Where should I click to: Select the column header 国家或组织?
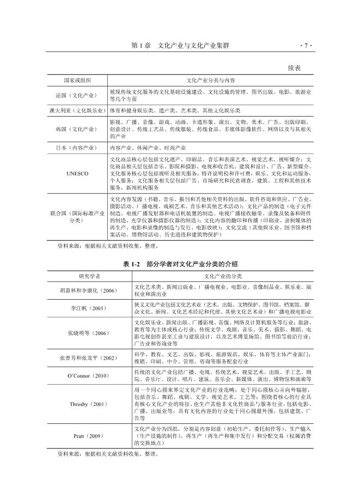pos(77,80)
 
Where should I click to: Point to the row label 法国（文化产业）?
pos(77,95)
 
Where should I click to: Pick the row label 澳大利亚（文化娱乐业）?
pos(77,110)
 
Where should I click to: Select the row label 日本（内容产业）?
pos(77,148)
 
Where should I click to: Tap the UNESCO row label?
pos(77,173)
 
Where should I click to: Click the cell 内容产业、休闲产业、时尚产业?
pos(148,148)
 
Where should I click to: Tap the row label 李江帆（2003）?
pos(89,308)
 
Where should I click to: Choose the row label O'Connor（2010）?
pos(89,375)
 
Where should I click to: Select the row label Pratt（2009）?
pos(89,436)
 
